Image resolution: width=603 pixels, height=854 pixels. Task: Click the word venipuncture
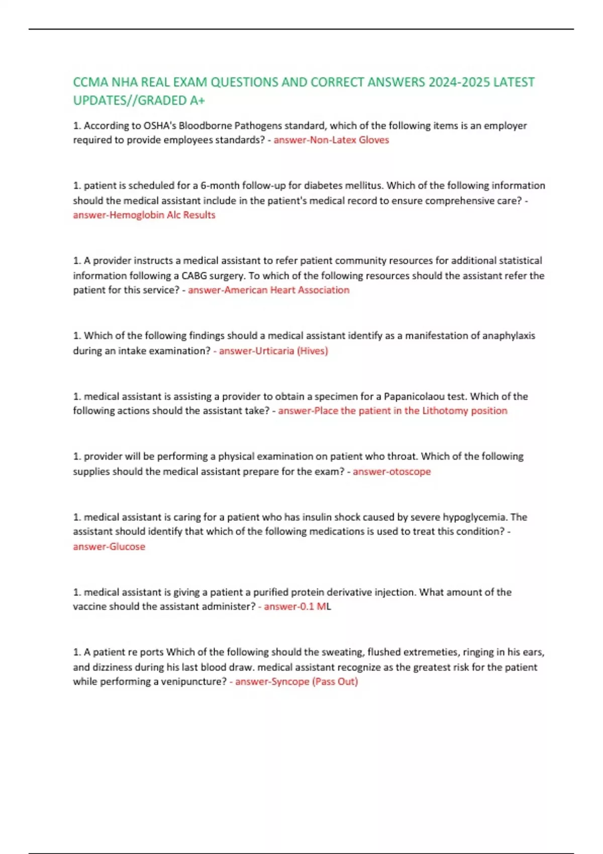193,682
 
